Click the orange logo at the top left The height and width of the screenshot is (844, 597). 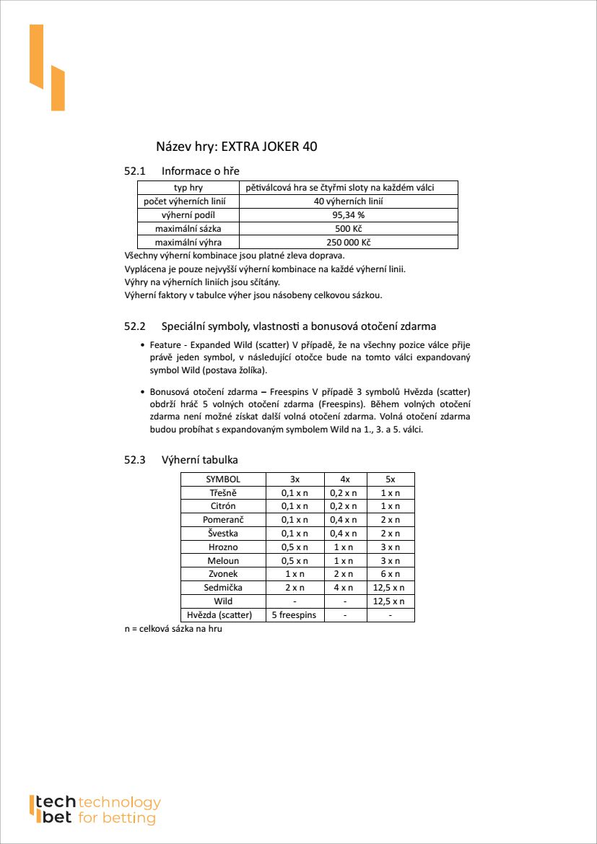click(47, 67)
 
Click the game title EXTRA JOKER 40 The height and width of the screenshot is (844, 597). click(269, 147)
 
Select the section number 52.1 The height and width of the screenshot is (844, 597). click(135, 171)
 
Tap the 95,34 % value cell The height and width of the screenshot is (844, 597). click(348, 215)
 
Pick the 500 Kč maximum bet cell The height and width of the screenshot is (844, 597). click(348, 229)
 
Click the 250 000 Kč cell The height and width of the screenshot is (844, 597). click(348, 243)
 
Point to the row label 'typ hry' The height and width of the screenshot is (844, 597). click(188, 188)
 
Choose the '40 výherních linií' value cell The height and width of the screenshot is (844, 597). click(348, 201)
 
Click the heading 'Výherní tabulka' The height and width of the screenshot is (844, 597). click(199, 460)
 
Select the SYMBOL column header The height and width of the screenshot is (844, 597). click(223, 479)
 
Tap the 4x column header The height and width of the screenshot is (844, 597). click(345, 479)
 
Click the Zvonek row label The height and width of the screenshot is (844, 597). click(223, 574)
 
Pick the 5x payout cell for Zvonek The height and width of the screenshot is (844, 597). click(391, 574)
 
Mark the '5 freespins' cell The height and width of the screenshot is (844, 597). click(295, 615)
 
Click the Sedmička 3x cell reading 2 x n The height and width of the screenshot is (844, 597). click(295, 588)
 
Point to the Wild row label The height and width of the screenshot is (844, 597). click(223, 601)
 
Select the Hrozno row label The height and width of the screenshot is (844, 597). click(223, 547)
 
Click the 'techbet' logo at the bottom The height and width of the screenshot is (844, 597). click(95, 810)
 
